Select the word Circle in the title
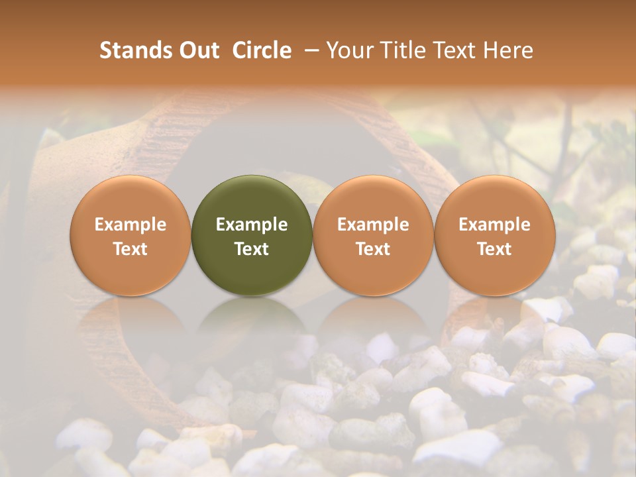click(262, 50)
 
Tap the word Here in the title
click(508, 50)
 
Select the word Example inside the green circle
click(252, 225)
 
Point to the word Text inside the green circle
click(252, 249)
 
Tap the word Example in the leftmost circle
click(131, 225)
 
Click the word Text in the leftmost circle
click(131, 249)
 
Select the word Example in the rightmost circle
click(495, 225)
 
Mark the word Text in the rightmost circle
click(495, 249)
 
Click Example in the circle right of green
click(373, 225)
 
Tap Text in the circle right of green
click(373, 249)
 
